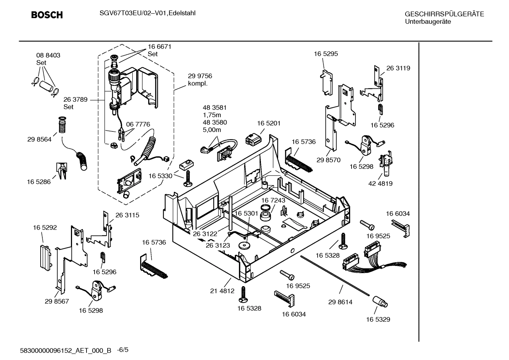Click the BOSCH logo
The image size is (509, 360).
tap(47, 15)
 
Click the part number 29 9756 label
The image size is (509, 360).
tap(200, 76)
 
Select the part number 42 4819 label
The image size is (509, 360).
tap(380, 184)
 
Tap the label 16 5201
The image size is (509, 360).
tap(269, 123)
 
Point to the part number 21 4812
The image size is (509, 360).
tap(222, 291)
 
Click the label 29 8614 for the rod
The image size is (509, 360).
tap(340, 302)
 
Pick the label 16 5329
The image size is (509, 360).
tap(378, 319)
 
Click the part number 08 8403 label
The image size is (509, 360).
tap(48, 55)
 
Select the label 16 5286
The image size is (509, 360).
tap(39, 182)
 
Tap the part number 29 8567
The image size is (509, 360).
tap(57, 301)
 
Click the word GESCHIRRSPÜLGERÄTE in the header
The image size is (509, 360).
tap(444, 14)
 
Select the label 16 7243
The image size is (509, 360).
tap(273, 200)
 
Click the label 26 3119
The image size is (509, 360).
tap(398, 68)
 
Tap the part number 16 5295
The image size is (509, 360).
tap(326, 54)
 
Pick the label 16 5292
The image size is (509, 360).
tap(45, 228)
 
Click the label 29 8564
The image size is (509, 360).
tap(39, 140)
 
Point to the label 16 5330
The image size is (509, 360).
tap(160, 176)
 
